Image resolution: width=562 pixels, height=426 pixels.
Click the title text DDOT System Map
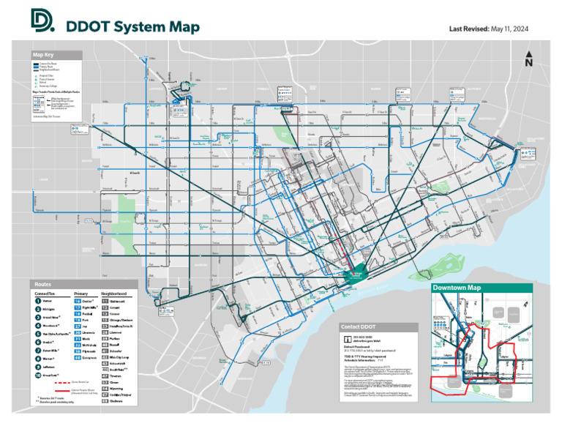132,27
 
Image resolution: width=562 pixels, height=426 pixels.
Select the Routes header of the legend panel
45,284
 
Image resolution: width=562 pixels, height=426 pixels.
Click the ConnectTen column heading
45,294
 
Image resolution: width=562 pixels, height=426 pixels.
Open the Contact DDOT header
359,326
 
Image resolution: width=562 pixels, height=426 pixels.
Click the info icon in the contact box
347,339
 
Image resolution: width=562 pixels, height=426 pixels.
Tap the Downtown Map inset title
456,288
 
